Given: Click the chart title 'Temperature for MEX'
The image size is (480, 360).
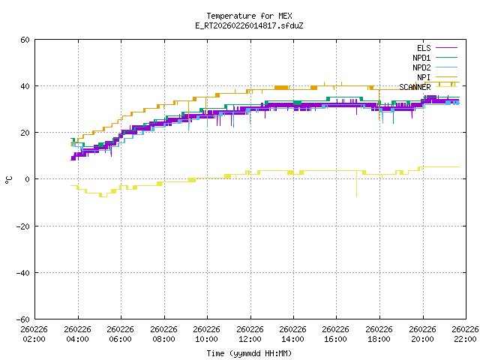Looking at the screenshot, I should pos(249,16).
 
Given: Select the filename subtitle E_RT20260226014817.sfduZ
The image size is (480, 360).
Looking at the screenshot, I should pos(249,25).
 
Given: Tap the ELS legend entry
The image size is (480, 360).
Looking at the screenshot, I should pos(423,48).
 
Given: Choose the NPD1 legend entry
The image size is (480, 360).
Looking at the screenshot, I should pos(421,58).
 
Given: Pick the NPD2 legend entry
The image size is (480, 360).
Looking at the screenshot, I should pos(421,67).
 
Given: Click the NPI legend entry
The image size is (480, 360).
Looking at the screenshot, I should pos(423,77).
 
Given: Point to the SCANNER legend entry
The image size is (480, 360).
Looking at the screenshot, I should pos(415,87).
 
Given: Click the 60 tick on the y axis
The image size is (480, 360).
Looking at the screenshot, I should pos(25,40).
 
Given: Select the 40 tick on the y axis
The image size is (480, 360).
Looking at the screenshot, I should pos(25,86).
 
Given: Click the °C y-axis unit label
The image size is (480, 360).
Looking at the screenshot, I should pos(8,179).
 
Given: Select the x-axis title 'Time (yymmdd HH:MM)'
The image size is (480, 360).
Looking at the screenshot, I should pos(249,352).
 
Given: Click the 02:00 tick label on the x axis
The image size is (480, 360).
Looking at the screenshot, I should pos(34,334).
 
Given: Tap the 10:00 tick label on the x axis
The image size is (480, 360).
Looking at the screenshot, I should pos(206,334).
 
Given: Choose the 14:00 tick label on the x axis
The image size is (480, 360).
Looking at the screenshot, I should pos(292,334).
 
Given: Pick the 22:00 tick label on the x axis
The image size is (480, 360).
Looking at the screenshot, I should pos(465,334).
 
